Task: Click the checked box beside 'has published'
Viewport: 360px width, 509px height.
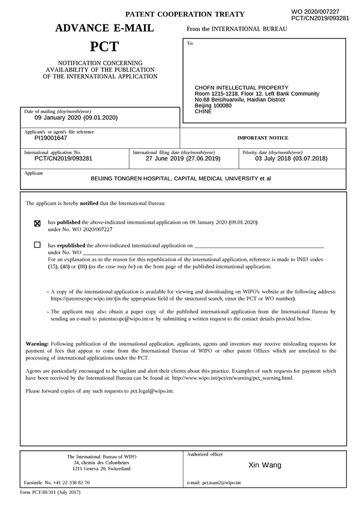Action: (37, 223)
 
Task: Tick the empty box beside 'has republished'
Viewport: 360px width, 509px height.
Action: (37, 245)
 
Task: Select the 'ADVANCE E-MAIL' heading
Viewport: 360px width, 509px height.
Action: (104, 28)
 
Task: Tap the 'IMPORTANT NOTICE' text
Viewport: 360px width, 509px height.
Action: (263, 138)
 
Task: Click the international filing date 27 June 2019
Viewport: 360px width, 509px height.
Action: (183, 158)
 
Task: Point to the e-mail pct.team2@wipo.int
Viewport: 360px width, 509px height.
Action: (221, 482)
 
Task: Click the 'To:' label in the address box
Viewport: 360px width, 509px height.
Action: (190, 43)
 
